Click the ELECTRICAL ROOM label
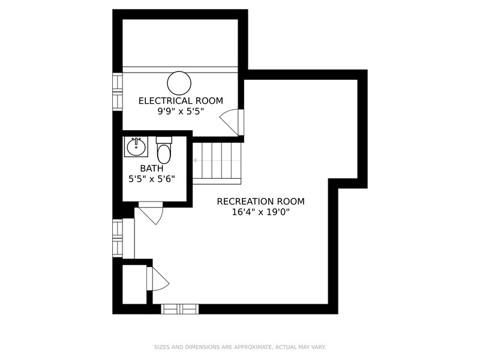(181, 101)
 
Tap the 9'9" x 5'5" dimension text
(181, 112)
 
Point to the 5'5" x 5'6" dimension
(152, 179)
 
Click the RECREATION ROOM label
(260, 202)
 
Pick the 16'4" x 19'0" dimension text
(260, 212)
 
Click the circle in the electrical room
(179, 83)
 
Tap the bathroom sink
(136, 147)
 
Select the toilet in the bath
(164, 151)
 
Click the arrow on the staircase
(216, 160)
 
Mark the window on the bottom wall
(179, 309)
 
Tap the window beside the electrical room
(118, 92)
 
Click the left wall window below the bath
(118, 238)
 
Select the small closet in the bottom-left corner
(134, 284)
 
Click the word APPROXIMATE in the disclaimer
(253, 347)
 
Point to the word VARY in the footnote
(319, 347)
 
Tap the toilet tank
(164, 140)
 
